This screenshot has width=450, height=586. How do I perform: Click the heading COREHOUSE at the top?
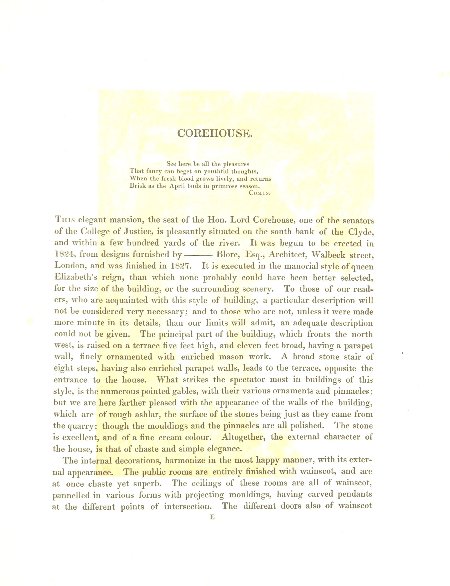point(215,133)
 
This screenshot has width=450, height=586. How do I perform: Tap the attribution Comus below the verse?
point(259,193)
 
